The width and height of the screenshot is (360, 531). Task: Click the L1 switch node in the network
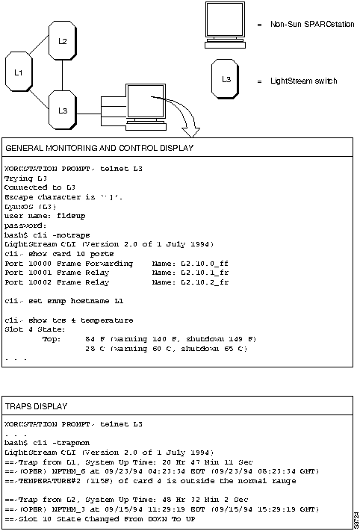[19, 72]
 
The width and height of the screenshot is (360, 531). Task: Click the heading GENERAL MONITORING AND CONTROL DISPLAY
[99, 148]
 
